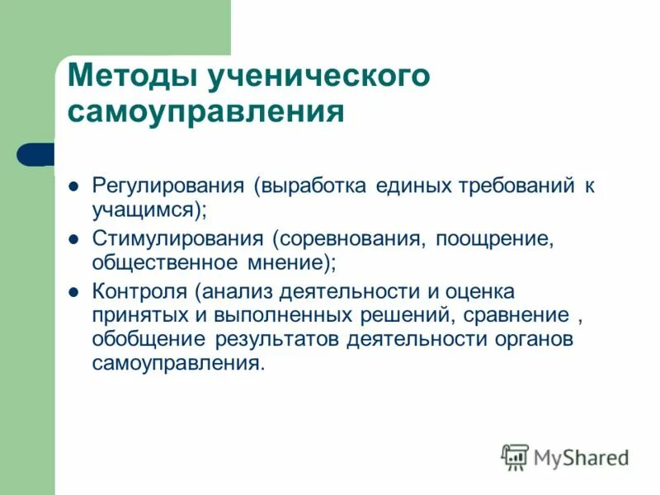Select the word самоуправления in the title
[205, 112]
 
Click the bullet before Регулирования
[73, 186]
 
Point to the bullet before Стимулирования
[73, 240]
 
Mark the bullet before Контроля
[73, 293]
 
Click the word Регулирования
[167, 186]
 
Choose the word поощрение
[493, 239]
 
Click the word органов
[538, 340]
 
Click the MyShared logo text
[581, 456]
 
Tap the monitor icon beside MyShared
[515, 456]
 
